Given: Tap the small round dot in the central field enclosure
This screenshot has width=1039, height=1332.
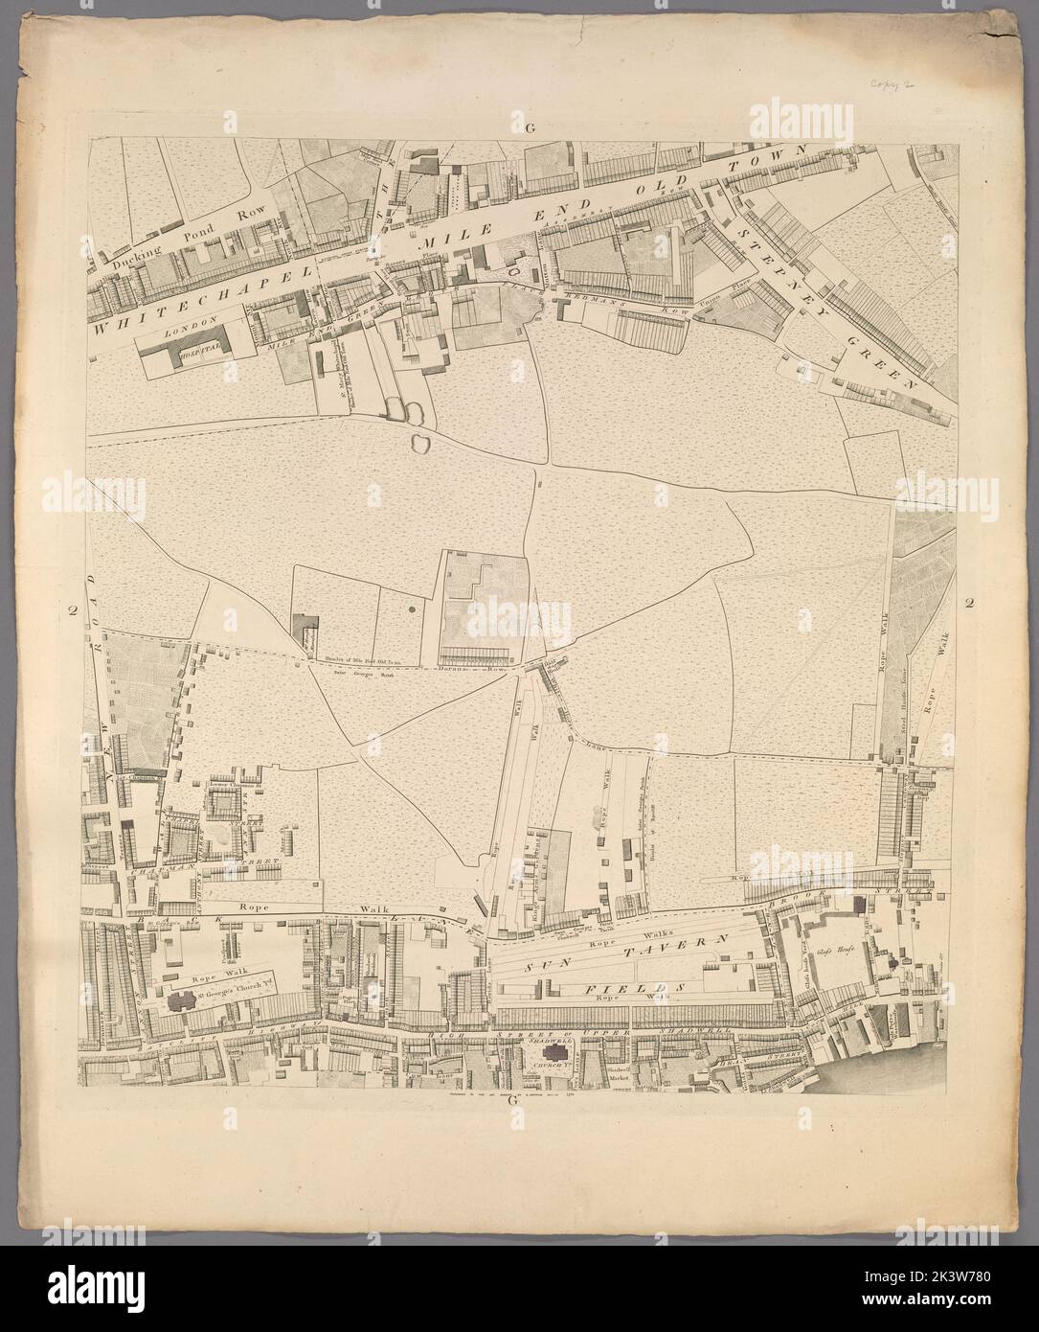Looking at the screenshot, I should pos(411,609).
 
